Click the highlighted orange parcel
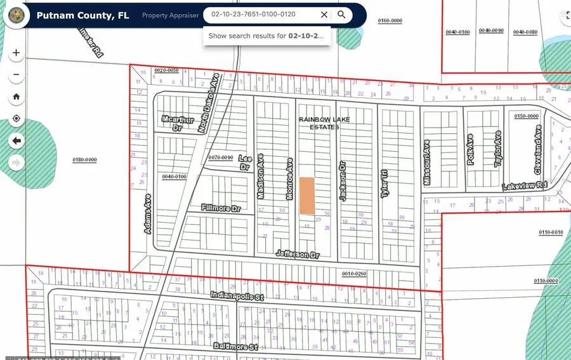(307, 195)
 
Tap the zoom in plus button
(16, 53)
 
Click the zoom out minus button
(16, 75)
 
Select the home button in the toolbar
(16, 97)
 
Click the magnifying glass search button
(341, 15)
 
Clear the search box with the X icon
(324, 15)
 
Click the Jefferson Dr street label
(298, 254)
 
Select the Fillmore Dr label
(221, 208)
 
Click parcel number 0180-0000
(84, 160)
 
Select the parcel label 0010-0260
(354, 274)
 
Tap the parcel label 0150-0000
(526, 116)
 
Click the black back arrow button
(16, 140)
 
